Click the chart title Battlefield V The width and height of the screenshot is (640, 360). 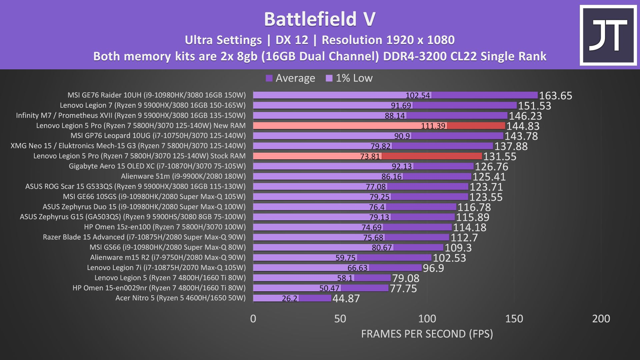(x=320, y=19)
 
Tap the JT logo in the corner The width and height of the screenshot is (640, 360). (x=608, y=35)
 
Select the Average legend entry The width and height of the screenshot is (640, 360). (x=290, y=78)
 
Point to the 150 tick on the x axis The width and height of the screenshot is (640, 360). (x=514, y=319)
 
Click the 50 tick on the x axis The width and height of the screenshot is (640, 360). (x=340, y=319)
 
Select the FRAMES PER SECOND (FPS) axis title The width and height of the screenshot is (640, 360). (x=427, y=334)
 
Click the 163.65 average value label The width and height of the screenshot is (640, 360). (x=555, y=96)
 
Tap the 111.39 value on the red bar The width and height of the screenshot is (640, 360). (x=433, y=126)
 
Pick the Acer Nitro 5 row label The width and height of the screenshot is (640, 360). (x=180, y=298)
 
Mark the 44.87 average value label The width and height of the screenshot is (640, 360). (x=346, y=298)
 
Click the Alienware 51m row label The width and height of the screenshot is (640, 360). (x=183, y=176)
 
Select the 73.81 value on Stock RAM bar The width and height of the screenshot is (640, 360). (x=370, y=156)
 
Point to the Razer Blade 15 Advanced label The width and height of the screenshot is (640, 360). (x=144, y=237)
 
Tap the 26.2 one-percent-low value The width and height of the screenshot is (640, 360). (x=289, y=298)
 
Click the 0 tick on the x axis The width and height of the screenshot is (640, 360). (x=253, y=319)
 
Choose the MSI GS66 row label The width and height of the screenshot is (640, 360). (x=167, y=247)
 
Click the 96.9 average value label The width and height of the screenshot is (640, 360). (x=433, y=268)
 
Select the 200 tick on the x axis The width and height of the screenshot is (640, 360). (x=601, y=319)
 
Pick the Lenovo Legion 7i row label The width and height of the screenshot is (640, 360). (x=166, y=268)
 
